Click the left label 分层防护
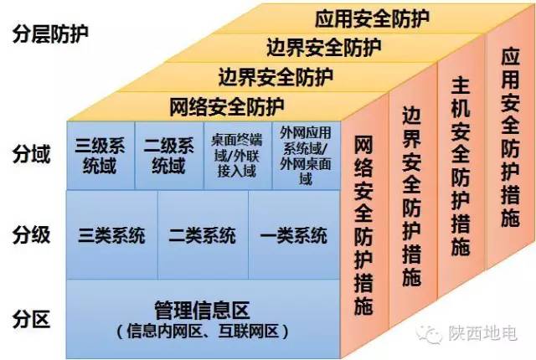click(x=50, y=33)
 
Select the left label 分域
click(x=32, y=153)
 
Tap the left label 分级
click(x=32, y=235)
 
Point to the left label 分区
click(x=32, y=319)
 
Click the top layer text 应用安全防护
click(x=372, y=18)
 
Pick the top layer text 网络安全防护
click(x=227, y=107)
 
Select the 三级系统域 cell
click(x=100, y=156)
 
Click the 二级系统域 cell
click(x=169, y=156)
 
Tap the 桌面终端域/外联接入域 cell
click(x=238, y=156)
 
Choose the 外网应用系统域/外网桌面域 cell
click(x=307, y=156)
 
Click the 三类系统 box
click(x=111, y=234)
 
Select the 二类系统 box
click(x=203, y=234)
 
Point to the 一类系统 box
click(x=294, y=234)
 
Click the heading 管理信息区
click(x=203, y=310)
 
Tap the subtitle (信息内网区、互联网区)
click(x=203, y=331)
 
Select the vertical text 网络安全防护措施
click(x=363, y=225)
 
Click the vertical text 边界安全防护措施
click(x=411, y=196)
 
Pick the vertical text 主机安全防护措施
click(x=461, y=167)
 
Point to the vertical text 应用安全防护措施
click(x=510, y=137)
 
